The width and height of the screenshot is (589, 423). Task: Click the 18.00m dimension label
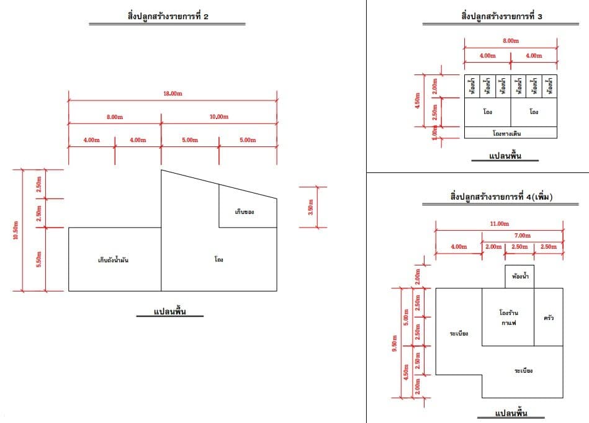point(173,94)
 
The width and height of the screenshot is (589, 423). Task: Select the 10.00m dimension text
point(218,117)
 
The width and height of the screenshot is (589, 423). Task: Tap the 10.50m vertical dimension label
point(16,230)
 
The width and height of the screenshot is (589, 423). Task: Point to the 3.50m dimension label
point(311,207)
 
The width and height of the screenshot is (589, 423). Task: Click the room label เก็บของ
point(245,212)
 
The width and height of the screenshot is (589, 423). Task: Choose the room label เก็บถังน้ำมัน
point(113,260)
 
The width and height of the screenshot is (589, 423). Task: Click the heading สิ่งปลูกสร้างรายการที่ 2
point(168,16)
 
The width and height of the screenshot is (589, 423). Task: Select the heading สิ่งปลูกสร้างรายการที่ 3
point(501,16)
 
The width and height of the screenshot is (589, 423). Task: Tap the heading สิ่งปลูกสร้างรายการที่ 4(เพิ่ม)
point(501,197)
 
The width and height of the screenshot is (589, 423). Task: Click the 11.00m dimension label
point(499,224)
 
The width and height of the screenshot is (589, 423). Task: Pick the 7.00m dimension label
point(523,235)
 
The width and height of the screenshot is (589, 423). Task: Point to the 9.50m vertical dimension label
point(394,343)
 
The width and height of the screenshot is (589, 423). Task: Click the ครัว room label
point(549,318)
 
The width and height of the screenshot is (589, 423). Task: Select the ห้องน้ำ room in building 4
point(520,276)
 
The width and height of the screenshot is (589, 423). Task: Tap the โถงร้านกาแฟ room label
point(508,318)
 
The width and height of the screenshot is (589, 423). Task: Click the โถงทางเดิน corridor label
point(506,133)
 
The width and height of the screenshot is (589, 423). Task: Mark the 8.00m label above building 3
point(511,40)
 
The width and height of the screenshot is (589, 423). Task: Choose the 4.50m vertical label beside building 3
point(417,100)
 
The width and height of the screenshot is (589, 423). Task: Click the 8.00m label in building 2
point(115,117)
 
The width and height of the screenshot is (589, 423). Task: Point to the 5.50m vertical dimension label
point(38,259)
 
